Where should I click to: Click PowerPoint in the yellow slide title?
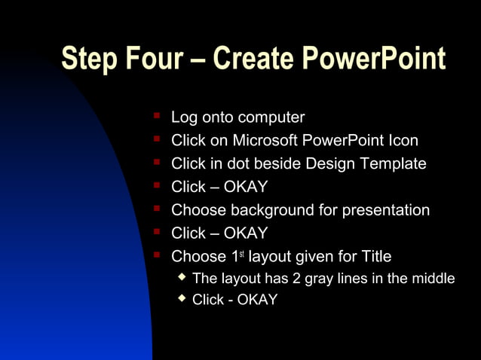(375, 59)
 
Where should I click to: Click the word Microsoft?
(265, 141)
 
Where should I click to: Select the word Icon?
(403, 141)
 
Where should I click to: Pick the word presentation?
(385, 210)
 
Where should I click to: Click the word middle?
(433, 279)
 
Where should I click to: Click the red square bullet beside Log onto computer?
(156, 116)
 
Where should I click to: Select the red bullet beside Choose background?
(156, 209)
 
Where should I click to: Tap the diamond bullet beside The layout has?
(181, 277)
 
